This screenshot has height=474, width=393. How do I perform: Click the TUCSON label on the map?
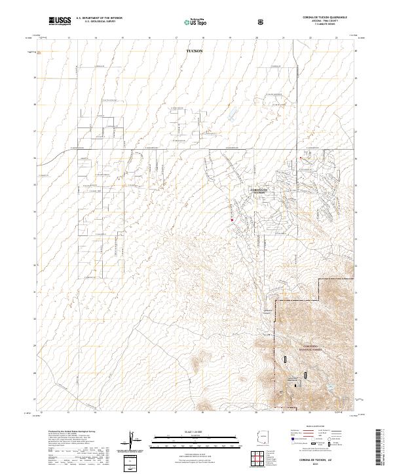click(195, 50)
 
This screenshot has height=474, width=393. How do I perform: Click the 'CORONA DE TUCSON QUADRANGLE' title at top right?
click(320, 18)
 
